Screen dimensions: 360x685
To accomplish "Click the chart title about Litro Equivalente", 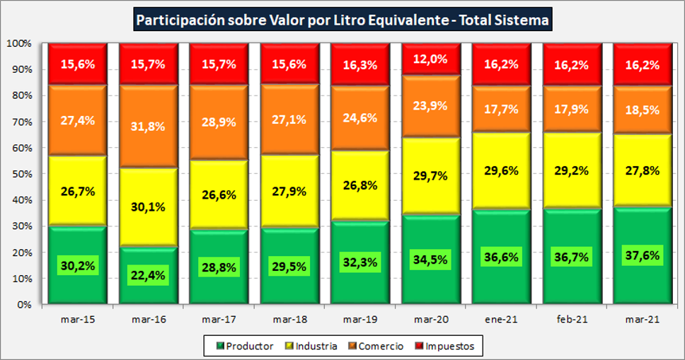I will click(342, 20).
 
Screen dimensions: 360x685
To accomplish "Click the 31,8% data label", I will click(148, 127).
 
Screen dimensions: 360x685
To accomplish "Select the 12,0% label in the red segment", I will click(431, 59).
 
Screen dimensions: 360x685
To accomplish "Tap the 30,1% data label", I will click(148, 207).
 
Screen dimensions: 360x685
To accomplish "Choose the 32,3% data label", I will click(360, 262).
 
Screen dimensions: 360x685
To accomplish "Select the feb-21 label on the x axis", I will click(572, 320).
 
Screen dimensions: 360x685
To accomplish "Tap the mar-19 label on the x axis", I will click(360, 320).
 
